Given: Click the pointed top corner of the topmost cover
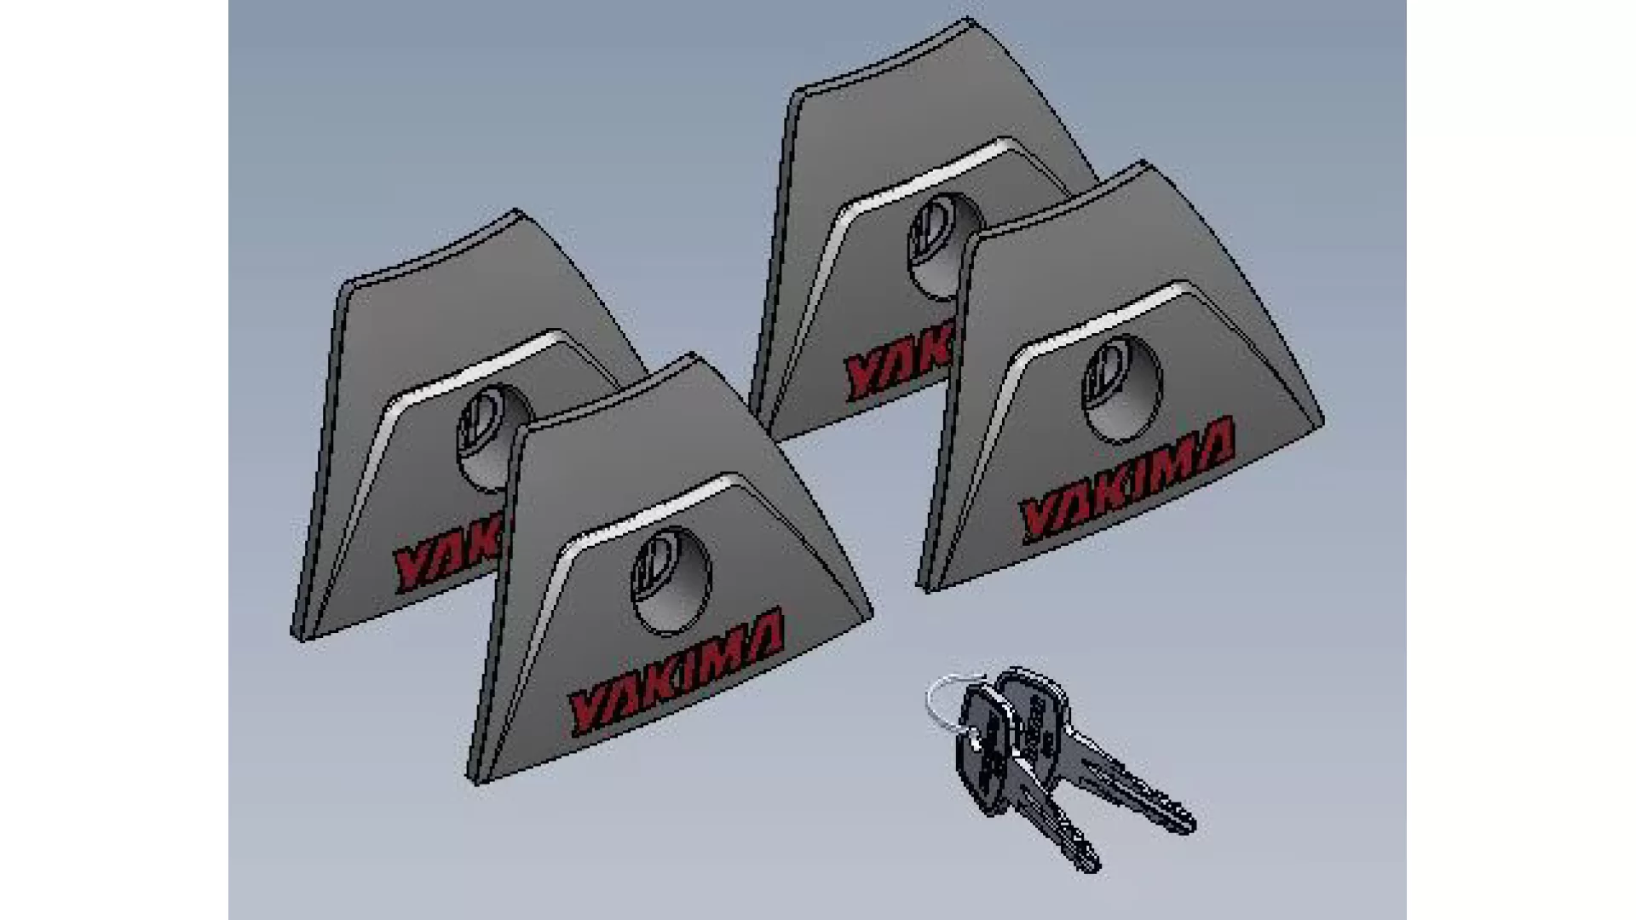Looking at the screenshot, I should [x=966, y=20].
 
